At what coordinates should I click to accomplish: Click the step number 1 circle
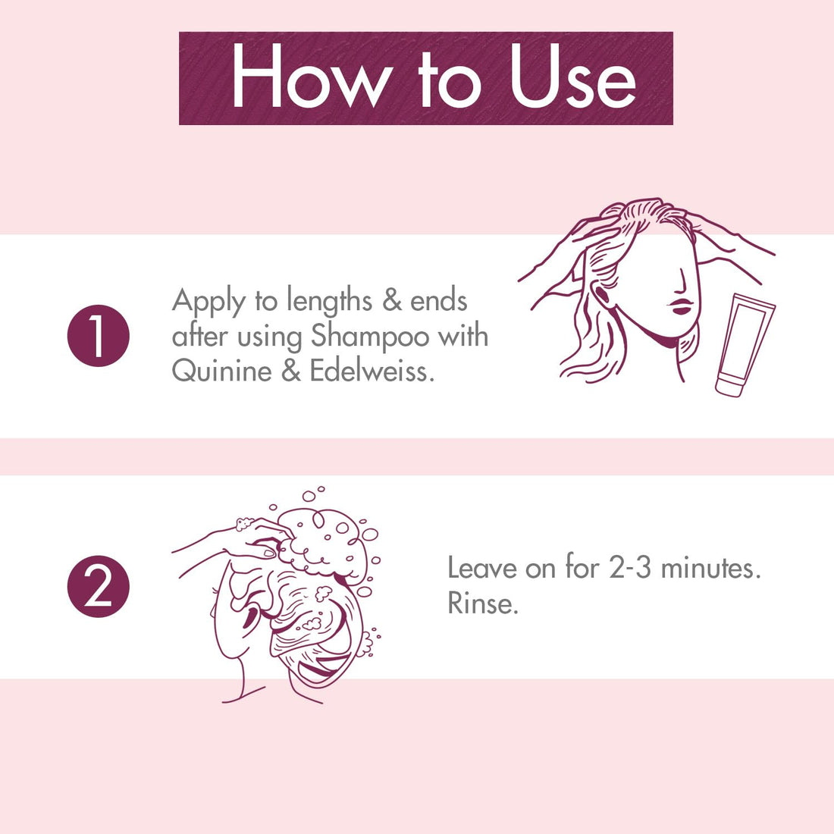(99, 336)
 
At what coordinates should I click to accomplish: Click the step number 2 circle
(99, 587)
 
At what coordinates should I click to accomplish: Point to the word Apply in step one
(208, 303)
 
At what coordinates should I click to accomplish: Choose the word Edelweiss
(372, 371)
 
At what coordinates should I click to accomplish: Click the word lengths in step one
(329, 303)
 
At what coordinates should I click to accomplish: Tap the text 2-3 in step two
(631, 568)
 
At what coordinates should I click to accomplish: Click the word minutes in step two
(710, 568)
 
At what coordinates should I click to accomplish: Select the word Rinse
(482, 604)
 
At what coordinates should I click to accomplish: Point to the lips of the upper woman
(680, 306)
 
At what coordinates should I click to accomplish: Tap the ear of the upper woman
(602, 295)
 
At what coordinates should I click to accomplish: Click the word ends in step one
(439, 301)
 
